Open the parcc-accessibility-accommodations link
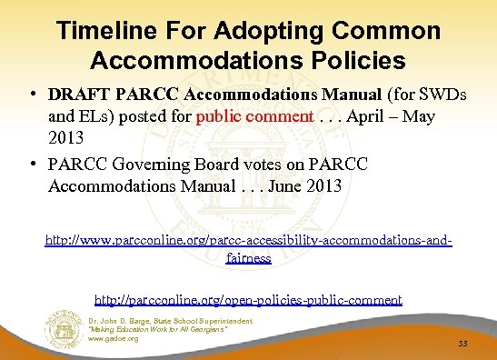(248, 242)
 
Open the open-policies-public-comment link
(248, 299)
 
